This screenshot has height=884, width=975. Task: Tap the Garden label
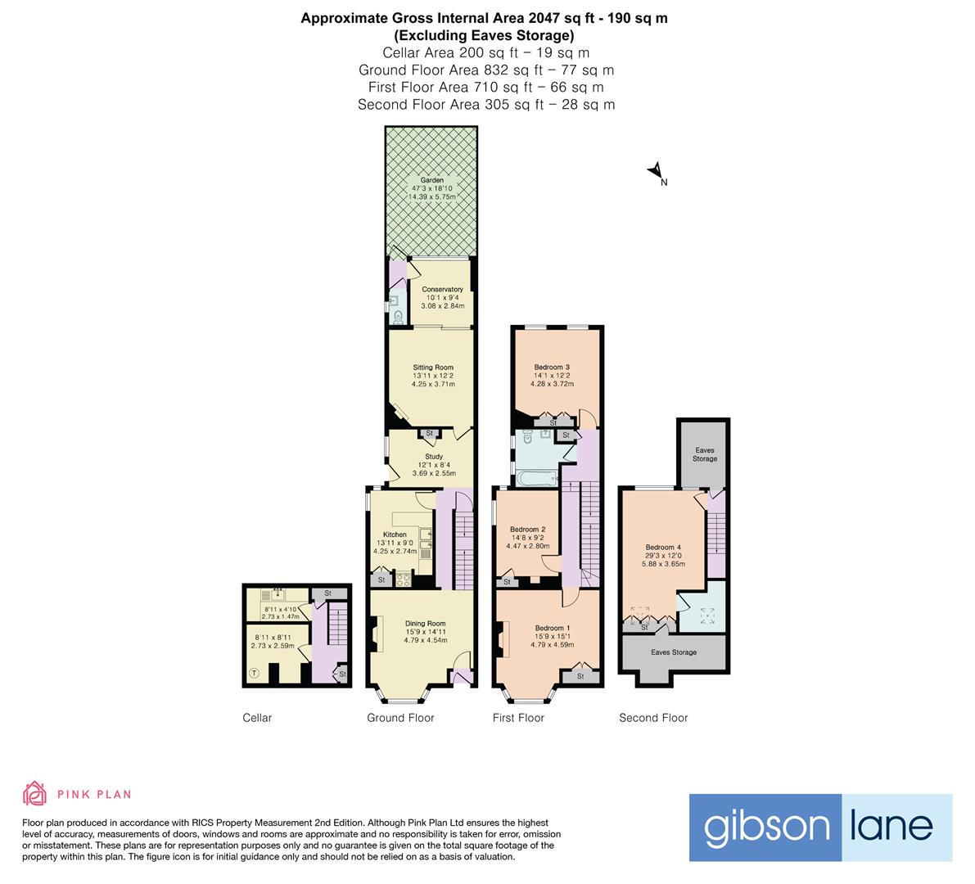(x=432, y=180)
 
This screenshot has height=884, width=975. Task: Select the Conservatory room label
(x=442, y=289)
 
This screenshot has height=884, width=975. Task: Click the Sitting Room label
(x=433, y=368)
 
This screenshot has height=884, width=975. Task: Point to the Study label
(x=434, y=456)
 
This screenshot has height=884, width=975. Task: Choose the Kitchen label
(x=395, y=534)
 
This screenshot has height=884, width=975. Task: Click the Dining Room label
(x=426, y=624)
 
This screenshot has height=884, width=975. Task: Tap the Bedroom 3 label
(x=552, y=368)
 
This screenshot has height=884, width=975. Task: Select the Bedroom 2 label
(x=528, y=530)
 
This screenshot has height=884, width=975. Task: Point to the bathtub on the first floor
(x=536, y=478)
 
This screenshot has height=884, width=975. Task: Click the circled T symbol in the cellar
(x=254, y=674)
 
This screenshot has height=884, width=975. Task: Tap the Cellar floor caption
(x=257, y=718)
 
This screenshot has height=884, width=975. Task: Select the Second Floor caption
(x=653, y=718)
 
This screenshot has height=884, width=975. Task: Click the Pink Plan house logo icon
(x=35, y=793)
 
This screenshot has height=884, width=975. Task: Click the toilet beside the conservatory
(x=398, y=317)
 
